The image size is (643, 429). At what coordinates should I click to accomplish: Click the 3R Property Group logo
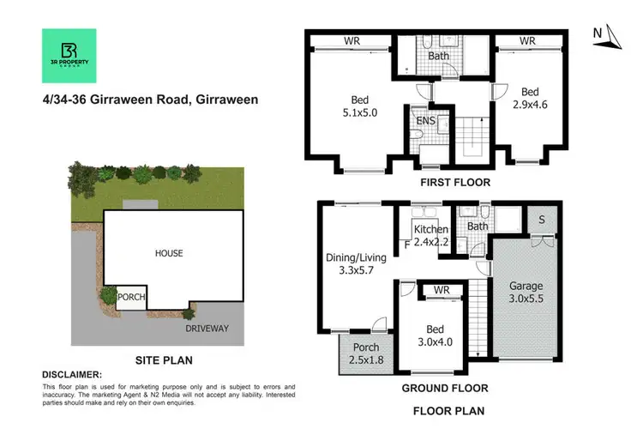point(69,56)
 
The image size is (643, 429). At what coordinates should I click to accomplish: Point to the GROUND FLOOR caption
point(438,387)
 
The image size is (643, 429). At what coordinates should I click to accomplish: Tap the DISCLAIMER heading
point(71,375)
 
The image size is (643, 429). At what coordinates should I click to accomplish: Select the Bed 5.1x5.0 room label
point(352,105)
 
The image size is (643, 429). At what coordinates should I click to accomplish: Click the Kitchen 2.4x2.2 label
point(431,236)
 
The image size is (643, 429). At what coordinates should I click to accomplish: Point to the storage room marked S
point(542,219)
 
